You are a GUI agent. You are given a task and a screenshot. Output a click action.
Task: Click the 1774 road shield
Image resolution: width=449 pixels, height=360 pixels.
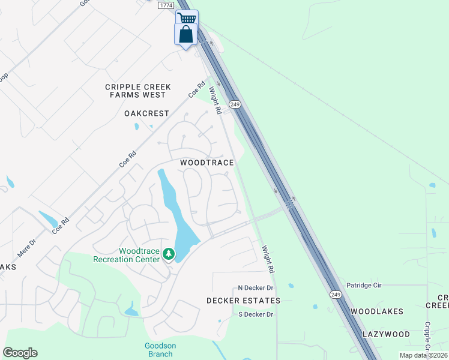pos(167,5)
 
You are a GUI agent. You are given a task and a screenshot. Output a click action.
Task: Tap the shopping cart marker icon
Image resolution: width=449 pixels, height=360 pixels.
pos(187,18)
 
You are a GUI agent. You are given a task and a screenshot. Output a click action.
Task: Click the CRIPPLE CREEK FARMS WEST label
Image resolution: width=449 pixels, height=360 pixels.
pos(138,91)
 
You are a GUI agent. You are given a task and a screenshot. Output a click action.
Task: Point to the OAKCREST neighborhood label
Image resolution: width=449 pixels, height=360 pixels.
pos(146,113)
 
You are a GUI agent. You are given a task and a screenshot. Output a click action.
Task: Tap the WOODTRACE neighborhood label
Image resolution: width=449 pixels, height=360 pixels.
pos(207,163)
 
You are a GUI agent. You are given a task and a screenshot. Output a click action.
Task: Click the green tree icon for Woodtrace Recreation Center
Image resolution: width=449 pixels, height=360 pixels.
pos(169,255)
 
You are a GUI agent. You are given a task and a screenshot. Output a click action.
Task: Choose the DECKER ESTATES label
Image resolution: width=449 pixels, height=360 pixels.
pos(243,300)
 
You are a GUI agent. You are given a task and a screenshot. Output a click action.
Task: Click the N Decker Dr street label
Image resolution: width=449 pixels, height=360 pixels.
pos(256,288)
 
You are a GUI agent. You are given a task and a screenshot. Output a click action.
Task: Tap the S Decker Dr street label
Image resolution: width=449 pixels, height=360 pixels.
pos(256,314)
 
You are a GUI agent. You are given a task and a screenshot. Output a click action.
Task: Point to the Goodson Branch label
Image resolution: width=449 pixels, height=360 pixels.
pos(159,349)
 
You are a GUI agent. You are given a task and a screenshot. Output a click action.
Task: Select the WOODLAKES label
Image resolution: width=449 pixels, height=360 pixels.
pos(377,311)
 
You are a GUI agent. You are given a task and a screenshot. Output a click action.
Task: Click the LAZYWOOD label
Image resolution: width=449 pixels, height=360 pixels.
pos(386,334)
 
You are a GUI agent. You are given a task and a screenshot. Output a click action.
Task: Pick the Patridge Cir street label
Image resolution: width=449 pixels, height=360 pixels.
pos(364,285)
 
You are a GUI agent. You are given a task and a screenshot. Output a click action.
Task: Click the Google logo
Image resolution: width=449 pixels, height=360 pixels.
pos(20,353)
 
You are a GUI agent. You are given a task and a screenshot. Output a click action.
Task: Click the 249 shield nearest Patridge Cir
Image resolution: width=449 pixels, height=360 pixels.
pos(336,295)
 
